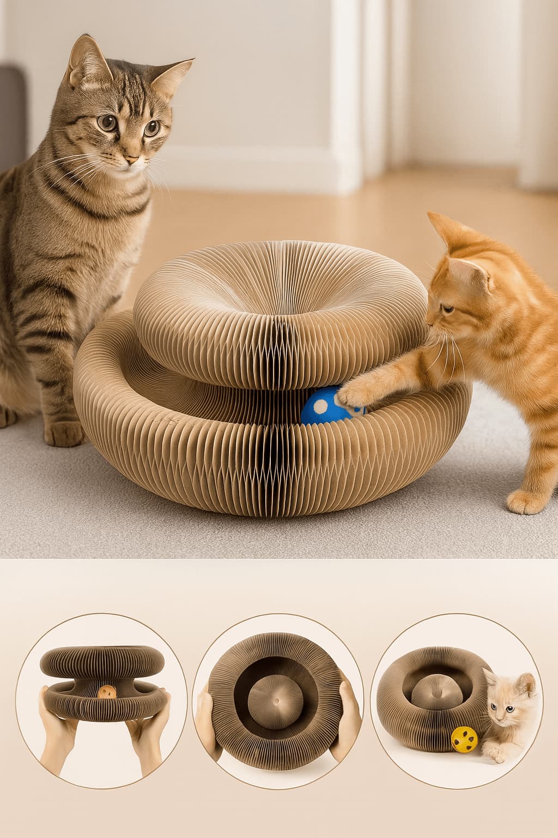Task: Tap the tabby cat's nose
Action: tap(131, 159)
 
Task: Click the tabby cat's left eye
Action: tap(108, 122)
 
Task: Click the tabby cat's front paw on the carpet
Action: tap(63, 432)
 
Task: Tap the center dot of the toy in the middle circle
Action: tap(277, 700)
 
